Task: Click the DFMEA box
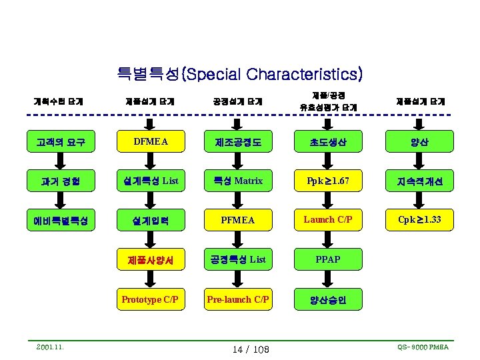pos(151,141)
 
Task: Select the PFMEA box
pos(238,220)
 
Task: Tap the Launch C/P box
pos(327,219)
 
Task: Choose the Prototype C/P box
pos(151,299)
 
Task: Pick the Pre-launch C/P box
pos(238,299)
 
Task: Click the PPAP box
pos(327,259)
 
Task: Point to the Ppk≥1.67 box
pos(327,181)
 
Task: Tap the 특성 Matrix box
pos(238,181)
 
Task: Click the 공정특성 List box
pos(238,259)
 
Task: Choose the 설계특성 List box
pos(151,181)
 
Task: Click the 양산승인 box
pos(327,299)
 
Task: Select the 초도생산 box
pos(327,141)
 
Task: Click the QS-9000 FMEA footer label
pos(423,347)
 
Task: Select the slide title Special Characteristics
pos(239,73)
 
